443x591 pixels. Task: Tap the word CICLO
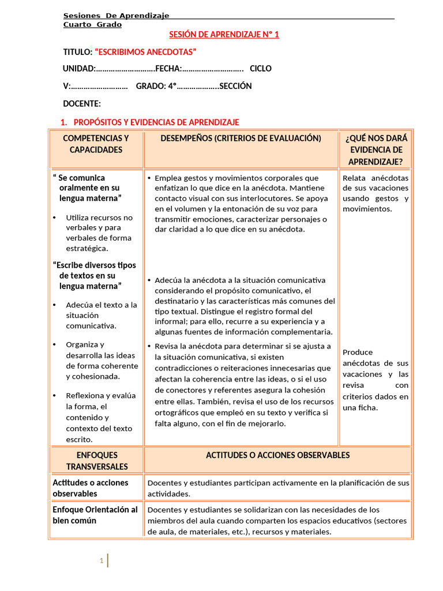(x=260, y=69)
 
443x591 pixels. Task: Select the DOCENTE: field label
(x=81, y=104)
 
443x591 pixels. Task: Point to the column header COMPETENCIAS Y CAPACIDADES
(x=96, y=144)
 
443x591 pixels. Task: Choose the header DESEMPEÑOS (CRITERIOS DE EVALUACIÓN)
(x=241, y=139)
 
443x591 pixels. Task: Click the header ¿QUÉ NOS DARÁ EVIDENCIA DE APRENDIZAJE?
(x=376, y=149)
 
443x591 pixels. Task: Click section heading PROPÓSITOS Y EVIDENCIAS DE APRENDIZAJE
(x=156, y=122)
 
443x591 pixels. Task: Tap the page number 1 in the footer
(x=102, y=560)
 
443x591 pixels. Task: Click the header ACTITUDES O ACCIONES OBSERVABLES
(x=277, y=455)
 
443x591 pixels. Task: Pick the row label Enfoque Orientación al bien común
(x=95, y=515)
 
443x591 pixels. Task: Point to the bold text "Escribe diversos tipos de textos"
(x=94, y=275)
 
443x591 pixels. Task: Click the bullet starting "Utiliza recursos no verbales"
(x=99, y=233)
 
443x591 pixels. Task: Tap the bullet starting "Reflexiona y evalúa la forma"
(x=101, y=417)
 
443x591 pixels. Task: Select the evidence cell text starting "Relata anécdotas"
(x=375, y=193)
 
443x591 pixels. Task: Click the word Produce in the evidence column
(x=358, y=352)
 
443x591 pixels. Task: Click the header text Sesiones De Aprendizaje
(x=116, y=16)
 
